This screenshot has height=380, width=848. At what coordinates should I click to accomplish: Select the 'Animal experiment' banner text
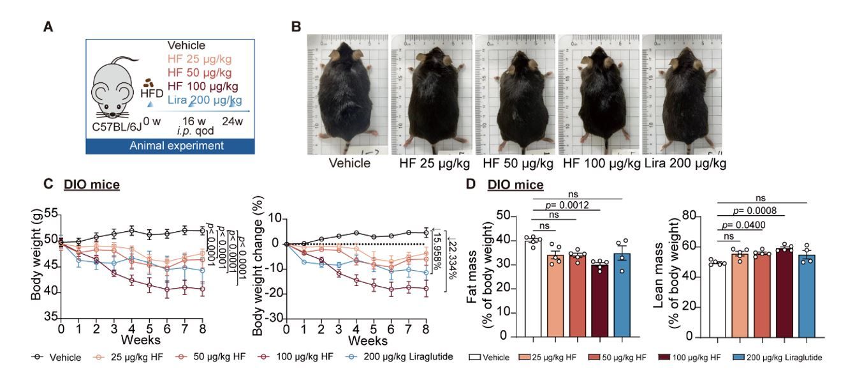tap(177, 146)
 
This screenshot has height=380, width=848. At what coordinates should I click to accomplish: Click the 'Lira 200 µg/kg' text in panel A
tap(205, 100)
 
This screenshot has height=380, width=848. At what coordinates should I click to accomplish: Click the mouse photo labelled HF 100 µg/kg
tap(599, 93)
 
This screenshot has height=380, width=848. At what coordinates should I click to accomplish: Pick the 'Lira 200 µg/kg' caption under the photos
tap(685, 163)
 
